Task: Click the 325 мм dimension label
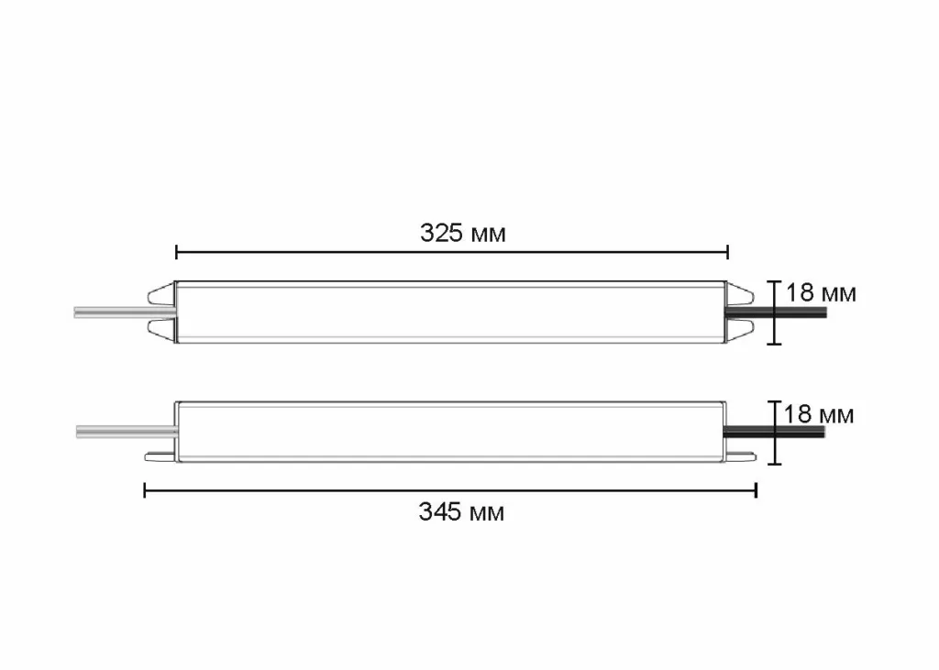click(x=463, y=233)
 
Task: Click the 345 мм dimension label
click(x=461, y=511)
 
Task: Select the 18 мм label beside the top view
click(x=821, y=293)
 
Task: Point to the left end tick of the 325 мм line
click(x=176, y=250)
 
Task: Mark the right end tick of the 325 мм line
click(x=727, y=250)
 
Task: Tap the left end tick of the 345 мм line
click(x=145, y=491)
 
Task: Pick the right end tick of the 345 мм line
click(x=756, y=491)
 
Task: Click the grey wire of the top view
click(x=110, y=313)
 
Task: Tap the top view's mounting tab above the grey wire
click(x=161, y=293)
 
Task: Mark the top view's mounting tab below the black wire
click(x=739, y=332)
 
